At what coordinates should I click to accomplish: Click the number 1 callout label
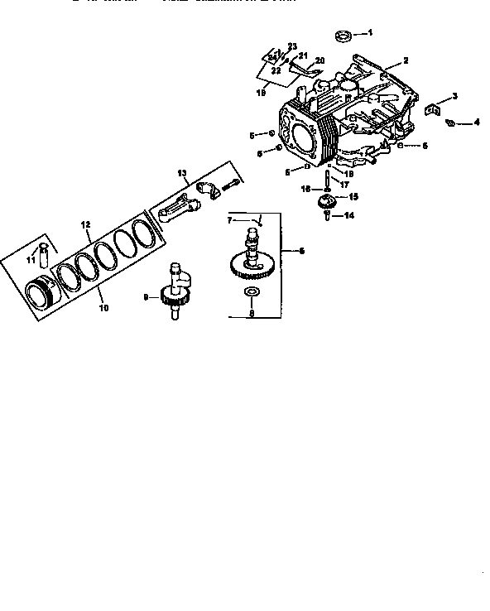tap(370, 33)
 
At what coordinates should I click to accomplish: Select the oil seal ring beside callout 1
tap(342, 36)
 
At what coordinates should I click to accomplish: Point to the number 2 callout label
tap(406, 60)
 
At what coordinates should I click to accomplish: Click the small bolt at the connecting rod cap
tap(235, 184)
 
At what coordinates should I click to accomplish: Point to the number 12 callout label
tap(84, 224)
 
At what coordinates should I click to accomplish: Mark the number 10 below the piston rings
tap(103, 308)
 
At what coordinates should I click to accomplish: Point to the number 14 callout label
tap(349, 215)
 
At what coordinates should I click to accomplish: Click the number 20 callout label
tap(319, 60)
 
